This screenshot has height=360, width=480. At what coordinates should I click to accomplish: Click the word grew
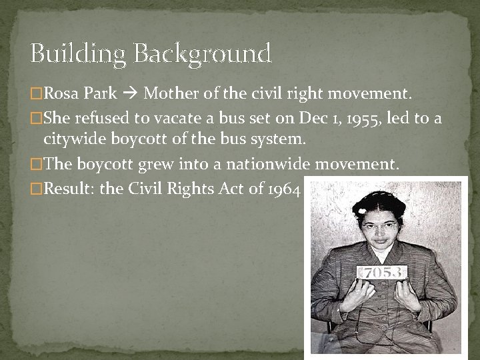(146, 165)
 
